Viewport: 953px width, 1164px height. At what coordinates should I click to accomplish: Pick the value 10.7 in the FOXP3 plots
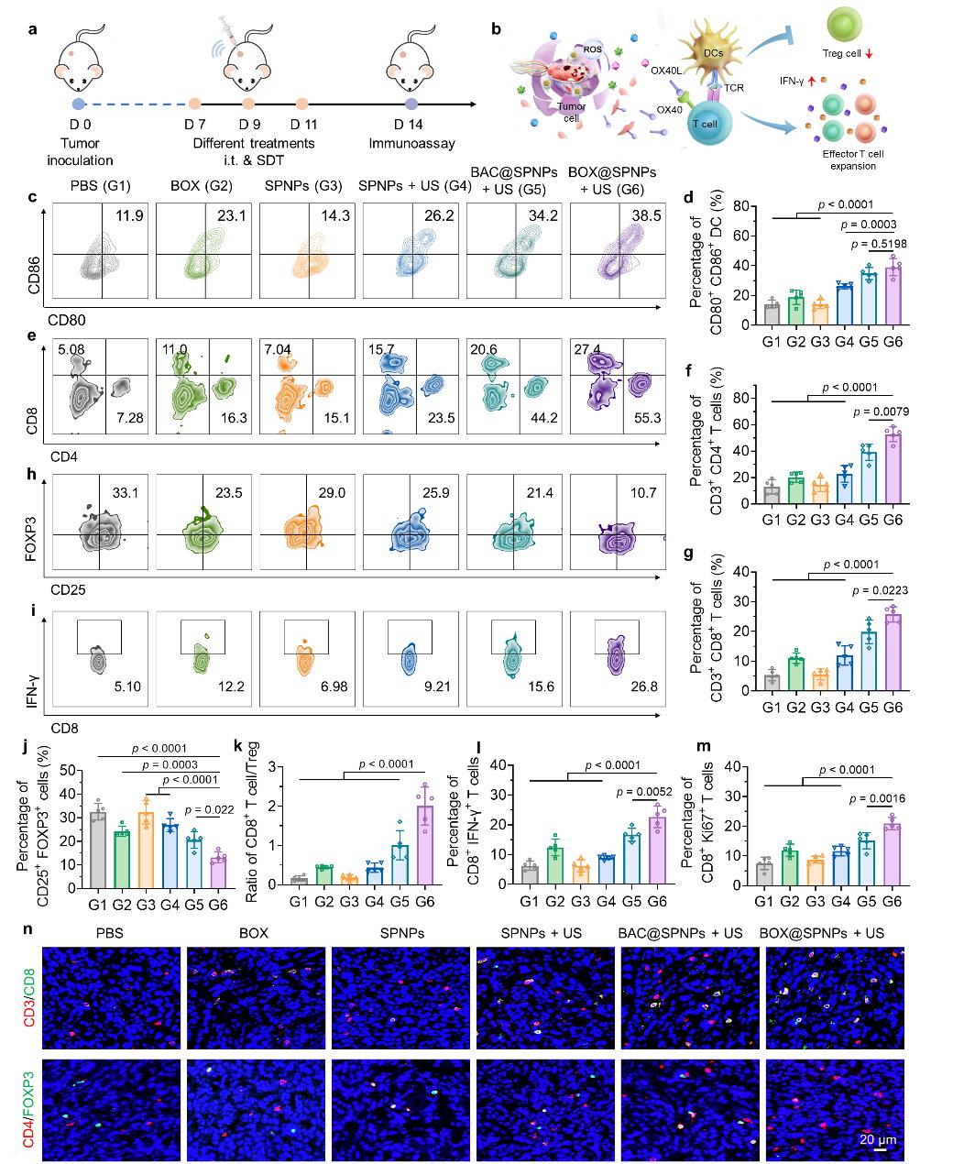tap(643, 493)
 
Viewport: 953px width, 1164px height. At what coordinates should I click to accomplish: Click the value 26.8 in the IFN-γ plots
tap(643, 686)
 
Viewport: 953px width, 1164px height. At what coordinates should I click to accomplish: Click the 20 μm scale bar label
tap(878, 1140)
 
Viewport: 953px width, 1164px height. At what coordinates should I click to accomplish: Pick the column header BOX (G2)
tap(202, 187)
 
